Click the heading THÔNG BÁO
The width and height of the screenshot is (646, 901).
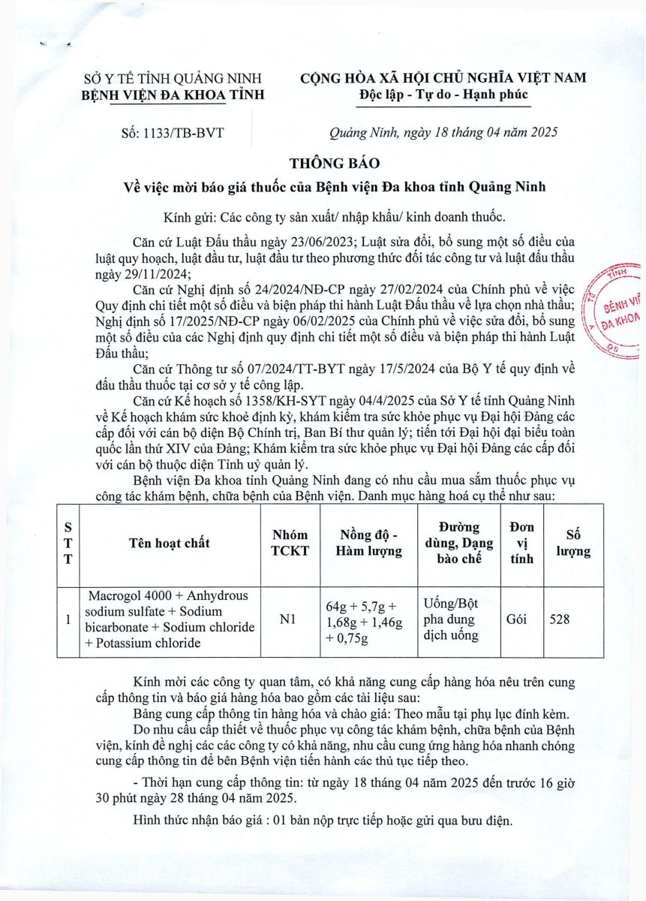[x=335, y=164]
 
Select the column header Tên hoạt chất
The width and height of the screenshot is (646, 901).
[x=170, y=543]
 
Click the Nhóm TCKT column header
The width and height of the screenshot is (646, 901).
[x=290, y=543]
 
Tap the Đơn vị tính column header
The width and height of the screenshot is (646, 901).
[x=521, y=543]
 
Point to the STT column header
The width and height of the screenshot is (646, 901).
[x=68, y=543]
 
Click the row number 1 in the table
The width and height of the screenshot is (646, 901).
[x=68, y=619]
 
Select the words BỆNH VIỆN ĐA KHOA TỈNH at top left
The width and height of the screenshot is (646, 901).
[x=173, y=95]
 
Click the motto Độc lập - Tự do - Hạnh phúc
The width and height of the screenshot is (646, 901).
[x=443, y=95]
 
